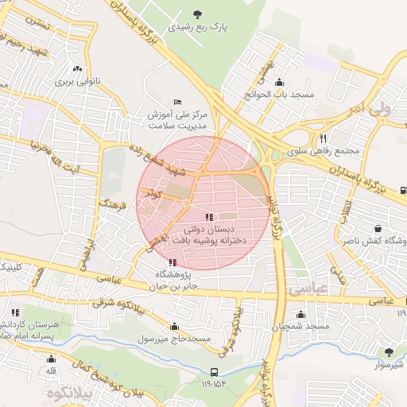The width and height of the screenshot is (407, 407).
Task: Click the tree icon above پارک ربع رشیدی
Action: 197,14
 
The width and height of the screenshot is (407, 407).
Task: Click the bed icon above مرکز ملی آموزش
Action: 177,102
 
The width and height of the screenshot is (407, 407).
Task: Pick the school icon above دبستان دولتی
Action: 208,216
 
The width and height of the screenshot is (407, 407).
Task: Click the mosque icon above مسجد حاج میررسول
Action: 175,326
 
